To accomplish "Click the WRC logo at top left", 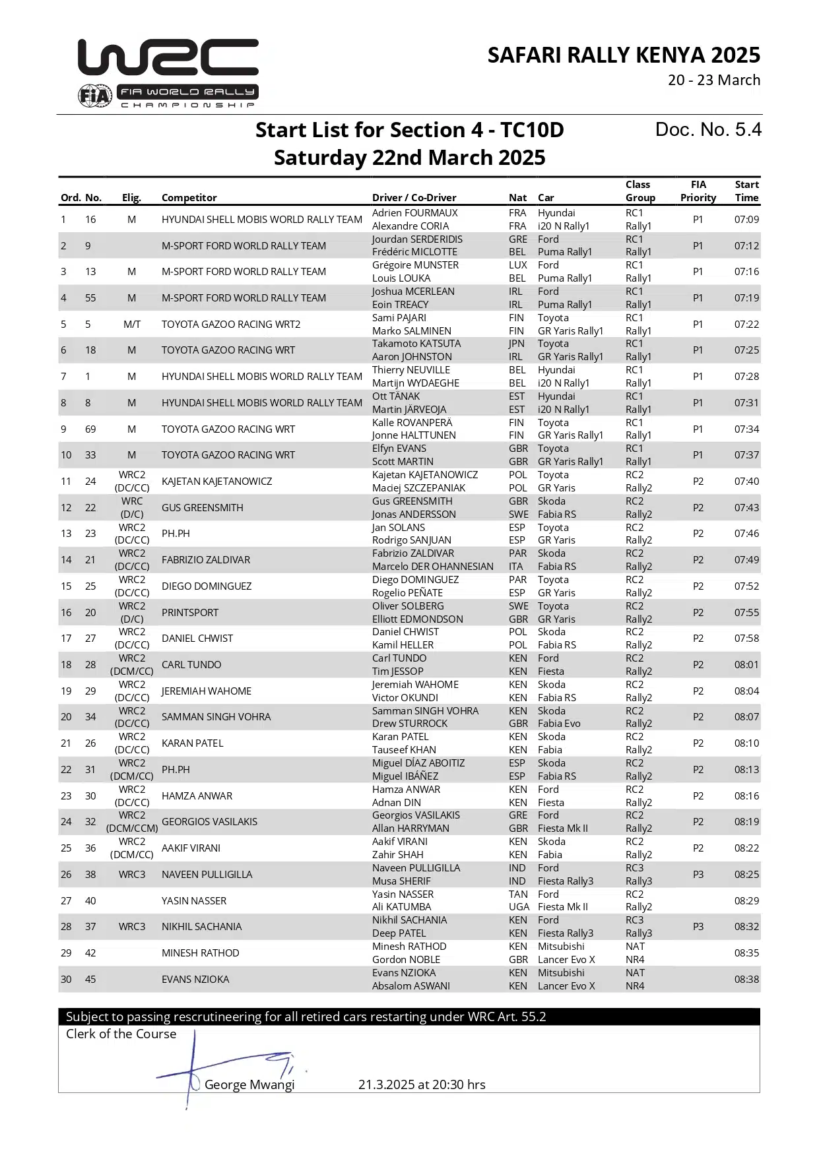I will pos(168,73).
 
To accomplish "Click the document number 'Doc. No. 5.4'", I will pos(707,130).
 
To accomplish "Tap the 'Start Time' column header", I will pos(746,191).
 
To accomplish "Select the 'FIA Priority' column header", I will pos(698,191).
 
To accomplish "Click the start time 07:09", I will pos(746,220).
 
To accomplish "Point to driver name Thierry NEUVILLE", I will pos(410,370).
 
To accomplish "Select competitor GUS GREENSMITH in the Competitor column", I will pos(202,508).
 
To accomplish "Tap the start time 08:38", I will pos(746,980).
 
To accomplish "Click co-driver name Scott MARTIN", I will pos(403,462).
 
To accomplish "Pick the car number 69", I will pos(90,429).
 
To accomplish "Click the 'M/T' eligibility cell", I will pos(131,325).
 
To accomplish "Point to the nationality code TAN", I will pos(518,894).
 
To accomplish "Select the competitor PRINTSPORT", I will pos(189,613).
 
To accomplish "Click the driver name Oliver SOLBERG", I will pos(407,606).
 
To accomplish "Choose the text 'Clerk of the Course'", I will pos(121,1034).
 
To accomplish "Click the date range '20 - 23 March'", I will pos(713,80).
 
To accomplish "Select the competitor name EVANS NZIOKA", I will pos(195,980).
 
